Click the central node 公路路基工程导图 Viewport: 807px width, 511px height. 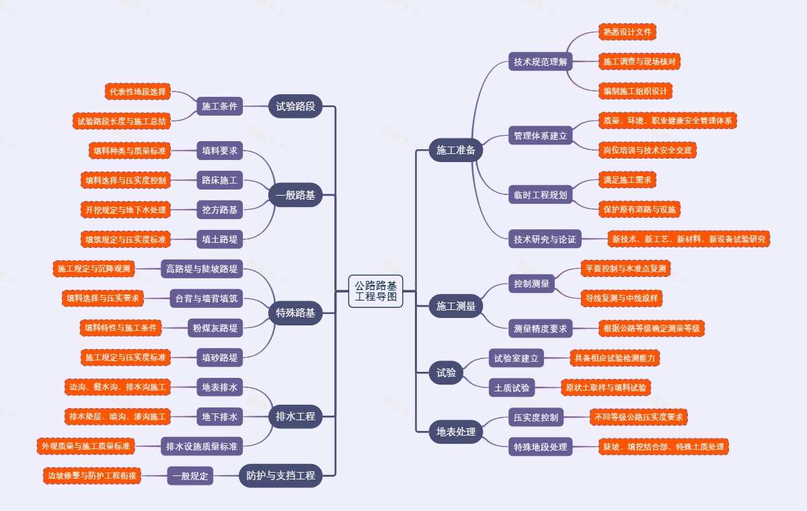(375, 291)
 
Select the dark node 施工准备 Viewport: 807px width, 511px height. (456, 150)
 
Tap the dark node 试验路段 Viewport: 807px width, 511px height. (295, 106)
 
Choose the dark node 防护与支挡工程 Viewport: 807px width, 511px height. (280, 475)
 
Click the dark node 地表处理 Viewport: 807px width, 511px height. (456, 432)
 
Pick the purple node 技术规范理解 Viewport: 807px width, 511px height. (541, 62)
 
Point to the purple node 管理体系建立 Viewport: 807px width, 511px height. (541, 135)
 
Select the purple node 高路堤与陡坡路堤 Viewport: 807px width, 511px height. (202, 269)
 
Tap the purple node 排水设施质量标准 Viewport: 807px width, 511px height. (202, 446)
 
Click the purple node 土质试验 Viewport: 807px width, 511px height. (512, 387)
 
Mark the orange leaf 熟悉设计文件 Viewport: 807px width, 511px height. (627, 32)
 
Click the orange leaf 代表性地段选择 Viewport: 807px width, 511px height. (138, 91)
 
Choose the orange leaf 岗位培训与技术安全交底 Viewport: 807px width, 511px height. (648, 150)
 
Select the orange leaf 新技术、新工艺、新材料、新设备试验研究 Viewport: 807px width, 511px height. (689, 239)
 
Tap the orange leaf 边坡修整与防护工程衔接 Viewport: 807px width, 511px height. (92, 475)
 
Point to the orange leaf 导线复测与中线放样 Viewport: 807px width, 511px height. (621, 298)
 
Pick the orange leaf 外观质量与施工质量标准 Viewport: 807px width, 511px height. (86, 446)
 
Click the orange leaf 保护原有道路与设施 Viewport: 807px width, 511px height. (640, 209)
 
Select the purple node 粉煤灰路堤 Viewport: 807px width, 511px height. (215, 327)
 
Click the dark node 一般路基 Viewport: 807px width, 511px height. (295, 195)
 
